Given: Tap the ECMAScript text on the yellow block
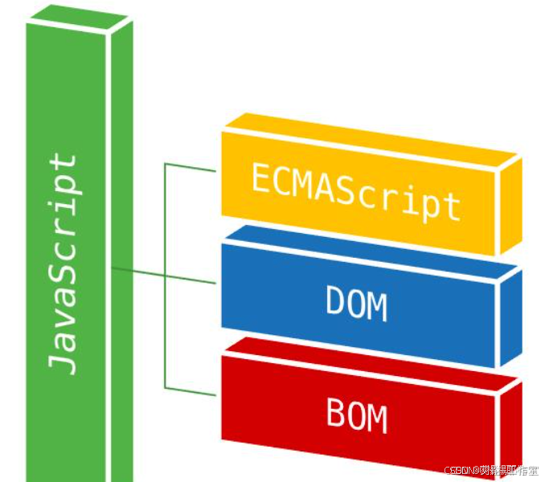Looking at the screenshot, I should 355,190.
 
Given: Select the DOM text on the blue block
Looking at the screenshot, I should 356,304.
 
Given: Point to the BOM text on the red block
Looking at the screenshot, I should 356,415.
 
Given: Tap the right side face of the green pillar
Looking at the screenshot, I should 120,241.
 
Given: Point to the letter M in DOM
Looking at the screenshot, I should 376,306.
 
